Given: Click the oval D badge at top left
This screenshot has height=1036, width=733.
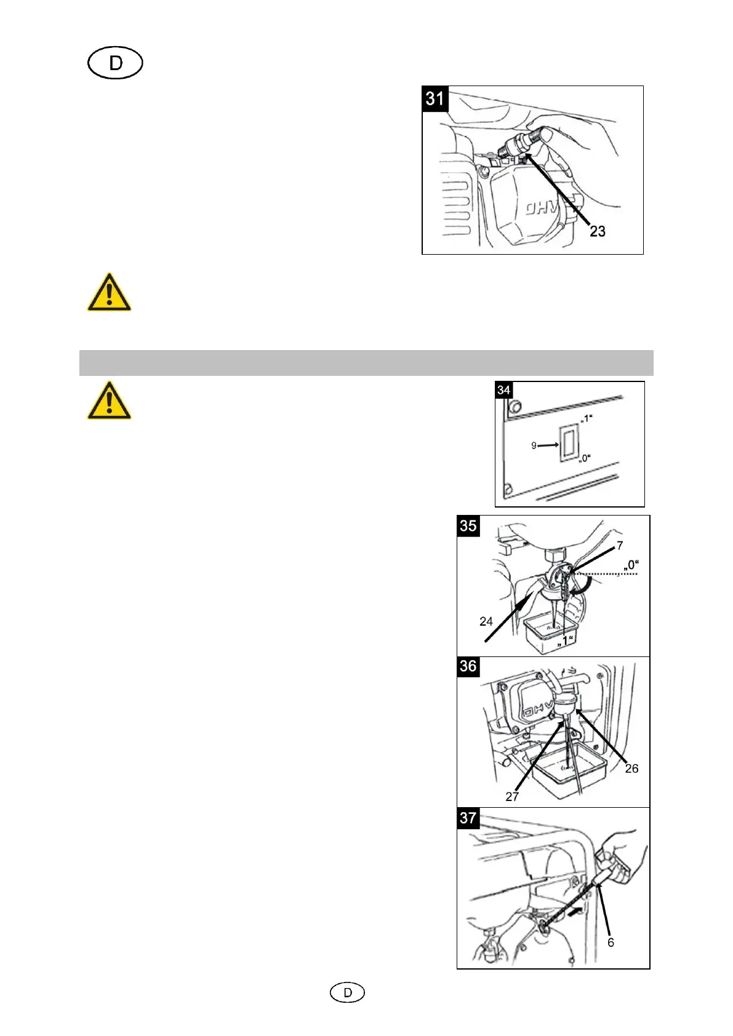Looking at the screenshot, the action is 115,63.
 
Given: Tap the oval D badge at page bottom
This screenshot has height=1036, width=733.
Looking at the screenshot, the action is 348,992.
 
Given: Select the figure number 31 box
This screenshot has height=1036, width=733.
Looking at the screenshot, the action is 435,98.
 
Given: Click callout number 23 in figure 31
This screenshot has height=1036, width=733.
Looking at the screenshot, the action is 597,231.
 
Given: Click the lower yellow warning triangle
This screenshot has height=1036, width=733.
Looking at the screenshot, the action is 109,400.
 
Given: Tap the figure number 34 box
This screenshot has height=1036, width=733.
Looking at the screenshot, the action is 503,390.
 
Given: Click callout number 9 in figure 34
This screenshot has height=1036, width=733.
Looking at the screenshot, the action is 534,445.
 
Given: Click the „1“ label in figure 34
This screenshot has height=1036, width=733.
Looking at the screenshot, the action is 586,419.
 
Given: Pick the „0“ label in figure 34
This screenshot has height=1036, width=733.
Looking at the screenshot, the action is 585,458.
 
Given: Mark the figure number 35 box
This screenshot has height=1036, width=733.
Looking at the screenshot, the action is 468,526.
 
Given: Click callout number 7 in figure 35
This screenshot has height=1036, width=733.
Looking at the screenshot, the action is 620,545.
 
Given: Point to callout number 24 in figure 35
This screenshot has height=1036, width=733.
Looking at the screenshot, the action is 486,621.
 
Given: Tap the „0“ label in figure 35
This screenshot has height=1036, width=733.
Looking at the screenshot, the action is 631,565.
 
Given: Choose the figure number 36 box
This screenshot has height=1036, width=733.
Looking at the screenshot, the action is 468,666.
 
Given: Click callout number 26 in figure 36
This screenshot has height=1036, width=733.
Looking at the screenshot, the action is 631,768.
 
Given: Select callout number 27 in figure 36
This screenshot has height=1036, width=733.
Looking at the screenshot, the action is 512,797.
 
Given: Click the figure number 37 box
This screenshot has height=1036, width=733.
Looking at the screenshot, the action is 468,818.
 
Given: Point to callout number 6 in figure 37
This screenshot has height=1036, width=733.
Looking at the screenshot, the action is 611,942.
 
